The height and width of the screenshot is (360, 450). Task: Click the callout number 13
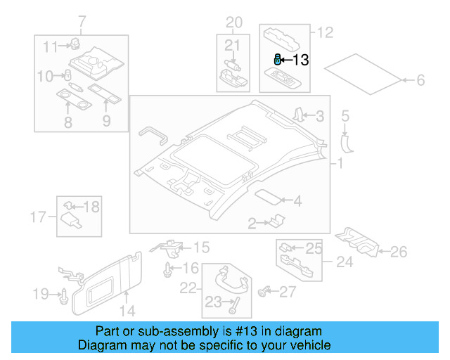(x=300, y=60)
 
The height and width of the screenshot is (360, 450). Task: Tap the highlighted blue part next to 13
(x=278, y=60)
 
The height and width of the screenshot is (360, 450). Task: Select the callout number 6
(x=420, y=81)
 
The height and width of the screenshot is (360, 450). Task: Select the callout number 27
(x=288, y=291)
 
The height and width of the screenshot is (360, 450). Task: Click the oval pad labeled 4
(x=268, y=198)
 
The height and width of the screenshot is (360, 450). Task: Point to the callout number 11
(x=49, y=47)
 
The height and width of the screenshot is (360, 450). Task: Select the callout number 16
(x=191, y=269)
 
